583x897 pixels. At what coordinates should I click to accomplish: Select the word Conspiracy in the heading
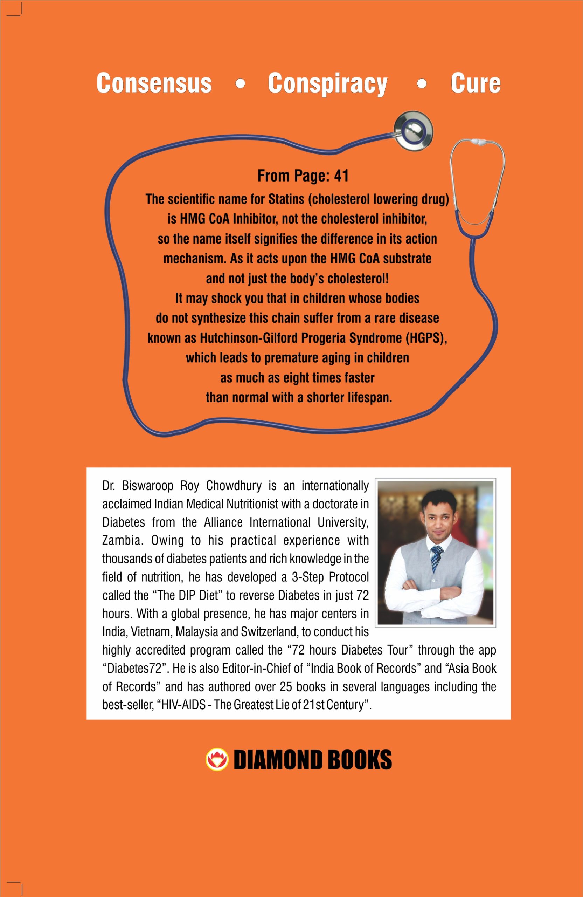[327, 84]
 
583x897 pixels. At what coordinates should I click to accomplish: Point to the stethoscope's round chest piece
[413, 131]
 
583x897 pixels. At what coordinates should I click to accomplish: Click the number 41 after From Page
[341, 176]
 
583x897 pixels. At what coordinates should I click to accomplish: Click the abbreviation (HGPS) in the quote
[426, 338]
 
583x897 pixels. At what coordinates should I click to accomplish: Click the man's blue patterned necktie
[436, 558]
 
